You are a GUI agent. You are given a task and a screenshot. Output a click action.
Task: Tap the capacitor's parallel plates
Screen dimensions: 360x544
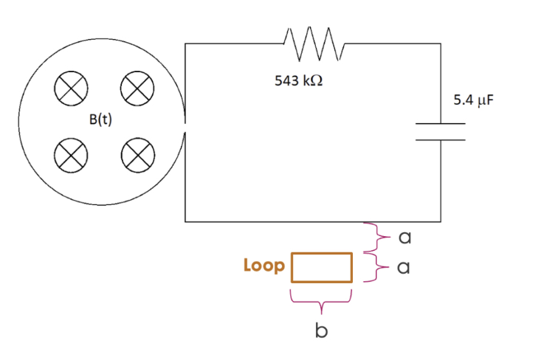[x=441, y=131]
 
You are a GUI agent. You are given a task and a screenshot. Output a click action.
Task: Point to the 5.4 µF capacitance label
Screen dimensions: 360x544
[x=472, y=100]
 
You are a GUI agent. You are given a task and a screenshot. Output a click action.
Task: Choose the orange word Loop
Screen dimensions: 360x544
[x=264, y=266]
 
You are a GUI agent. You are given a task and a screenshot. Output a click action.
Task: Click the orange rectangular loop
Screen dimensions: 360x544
[x=322, y=267]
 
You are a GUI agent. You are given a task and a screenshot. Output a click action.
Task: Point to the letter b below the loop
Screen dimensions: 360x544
[x=321, y=331]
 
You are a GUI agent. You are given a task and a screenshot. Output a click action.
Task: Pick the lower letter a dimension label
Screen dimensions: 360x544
[x=403, y=268]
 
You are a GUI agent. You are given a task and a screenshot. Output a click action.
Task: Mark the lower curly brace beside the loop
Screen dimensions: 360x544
[x=373, y=266]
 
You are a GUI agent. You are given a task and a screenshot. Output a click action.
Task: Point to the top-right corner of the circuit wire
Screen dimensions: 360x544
[x=441, y=44]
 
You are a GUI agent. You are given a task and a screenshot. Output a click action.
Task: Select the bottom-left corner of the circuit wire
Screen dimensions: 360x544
[x=185, y=221]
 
